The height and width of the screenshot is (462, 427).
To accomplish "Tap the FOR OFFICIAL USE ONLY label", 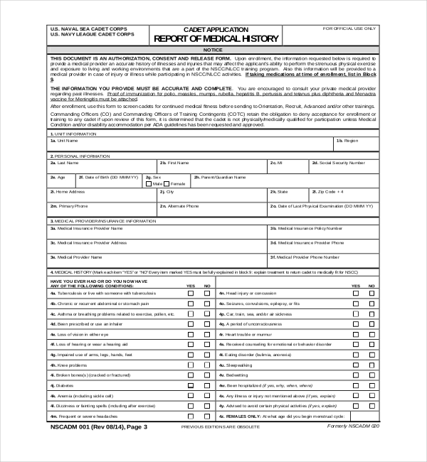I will click(x=349, y=28).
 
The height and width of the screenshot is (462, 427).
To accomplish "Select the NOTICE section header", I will click(x=213, y=50).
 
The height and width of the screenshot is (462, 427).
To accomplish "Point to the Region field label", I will click(x=351, y=141).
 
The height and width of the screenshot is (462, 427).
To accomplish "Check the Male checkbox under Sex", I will click(x=148, y=183).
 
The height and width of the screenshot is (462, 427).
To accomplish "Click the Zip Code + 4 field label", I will click(x=331, y=191).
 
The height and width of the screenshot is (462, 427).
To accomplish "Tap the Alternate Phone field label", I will click(x=183, y=205).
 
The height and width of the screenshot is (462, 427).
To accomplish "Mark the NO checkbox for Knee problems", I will click(x=207, y=364).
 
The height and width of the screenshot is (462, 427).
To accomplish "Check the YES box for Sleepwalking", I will click(x=356, y=364).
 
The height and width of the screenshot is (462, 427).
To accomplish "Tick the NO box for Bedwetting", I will click(x=371, y=375).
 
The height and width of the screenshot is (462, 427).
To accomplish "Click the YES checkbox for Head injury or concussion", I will click(x=356, y=293).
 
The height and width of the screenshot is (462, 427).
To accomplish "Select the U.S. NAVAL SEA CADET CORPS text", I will click(x=91, y=28).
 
